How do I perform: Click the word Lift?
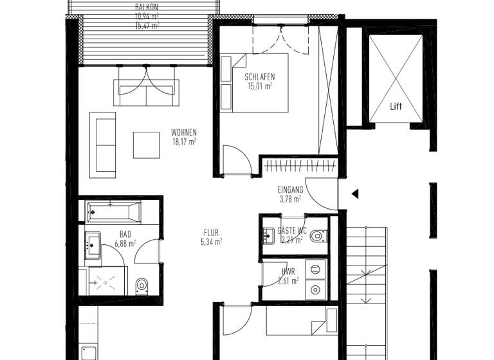tap(396, 107)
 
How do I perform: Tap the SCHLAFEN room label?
tap(259, 77)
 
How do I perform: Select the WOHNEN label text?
tap(184, 132)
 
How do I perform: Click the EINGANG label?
tap(290, 190)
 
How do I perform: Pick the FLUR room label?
tap(211, 233)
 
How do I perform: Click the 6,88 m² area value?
tap(125, 244)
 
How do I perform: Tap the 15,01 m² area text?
tap(260, 86)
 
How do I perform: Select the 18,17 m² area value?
tap(184, 141)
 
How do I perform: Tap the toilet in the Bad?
tap(142, 285)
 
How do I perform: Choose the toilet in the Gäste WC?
tap(317, 237)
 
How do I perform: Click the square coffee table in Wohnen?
tap(146, 145)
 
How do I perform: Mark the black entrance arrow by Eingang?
tap(354, 193)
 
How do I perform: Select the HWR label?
tap(288, 272)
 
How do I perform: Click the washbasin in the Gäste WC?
tap(270, 235)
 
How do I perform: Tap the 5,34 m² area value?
tap(211, 242)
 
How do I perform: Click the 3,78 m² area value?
tap(290, 199)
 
